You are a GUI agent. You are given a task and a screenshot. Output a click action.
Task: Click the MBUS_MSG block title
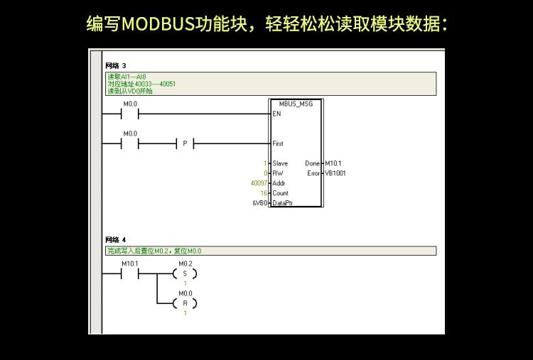(x=296, y=104)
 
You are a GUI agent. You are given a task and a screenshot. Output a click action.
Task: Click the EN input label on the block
(x=276, y=114)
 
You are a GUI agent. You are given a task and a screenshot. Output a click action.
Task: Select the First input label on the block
(x=278, y=143)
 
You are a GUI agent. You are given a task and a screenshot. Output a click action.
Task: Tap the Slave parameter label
(x=280, y=163)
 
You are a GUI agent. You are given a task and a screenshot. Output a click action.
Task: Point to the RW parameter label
(x=277, y=173)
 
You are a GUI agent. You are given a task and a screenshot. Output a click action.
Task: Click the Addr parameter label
(x=279, y=183)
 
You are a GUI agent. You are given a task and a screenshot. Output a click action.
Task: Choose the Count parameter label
(x=280, y=193)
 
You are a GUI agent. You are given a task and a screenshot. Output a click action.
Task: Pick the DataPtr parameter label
(x=283, y=203)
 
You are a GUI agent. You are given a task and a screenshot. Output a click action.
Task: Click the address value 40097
(x=259, y=183)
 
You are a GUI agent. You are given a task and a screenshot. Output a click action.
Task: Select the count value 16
(x=263, y=193)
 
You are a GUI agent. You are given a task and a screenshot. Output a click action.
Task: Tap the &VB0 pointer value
(x=260, y=203)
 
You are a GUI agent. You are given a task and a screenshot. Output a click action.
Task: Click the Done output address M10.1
(x=333, y=163)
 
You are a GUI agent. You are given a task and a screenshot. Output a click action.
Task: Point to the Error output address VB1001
(x=335, y=173)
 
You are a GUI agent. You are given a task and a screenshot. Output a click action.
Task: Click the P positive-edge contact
(x=185, y=143)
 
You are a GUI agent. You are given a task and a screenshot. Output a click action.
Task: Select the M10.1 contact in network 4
(x=130, y=273)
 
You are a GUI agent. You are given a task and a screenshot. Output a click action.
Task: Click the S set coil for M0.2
(x=185, y=273)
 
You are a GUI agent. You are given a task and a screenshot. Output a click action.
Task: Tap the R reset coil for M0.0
(x=185, y=303)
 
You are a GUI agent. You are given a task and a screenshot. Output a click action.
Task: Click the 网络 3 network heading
(x=115, y=66)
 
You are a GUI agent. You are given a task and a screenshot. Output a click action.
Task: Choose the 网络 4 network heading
(x=115, y=240)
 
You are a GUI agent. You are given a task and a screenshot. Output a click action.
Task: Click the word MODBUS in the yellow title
(x=157, y=24)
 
